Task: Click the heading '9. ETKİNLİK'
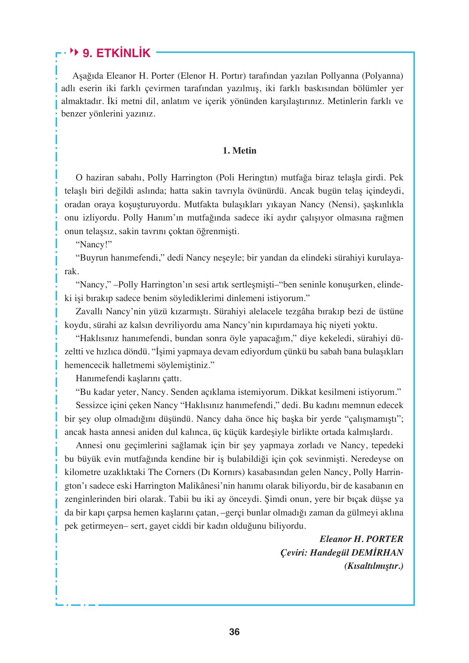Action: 116,53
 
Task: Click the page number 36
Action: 234,632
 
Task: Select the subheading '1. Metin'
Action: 239,151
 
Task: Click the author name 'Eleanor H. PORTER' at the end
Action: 361,539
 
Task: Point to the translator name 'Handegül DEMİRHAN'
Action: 356,553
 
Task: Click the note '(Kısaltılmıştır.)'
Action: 373,566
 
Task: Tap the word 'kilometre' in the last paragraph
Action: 81,472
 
